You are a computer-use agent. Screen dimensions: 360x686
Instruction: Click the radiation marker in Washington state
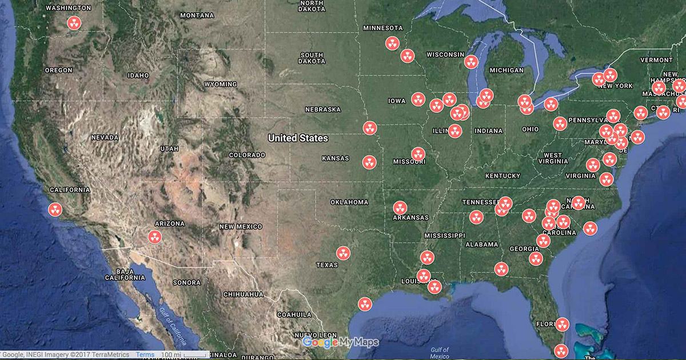(74, 23)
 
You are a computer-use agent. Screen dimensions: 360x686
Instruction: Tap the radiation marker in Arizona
(154, 237)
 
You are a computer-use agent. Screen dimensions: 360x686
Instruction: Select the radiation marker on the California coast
(55, 210)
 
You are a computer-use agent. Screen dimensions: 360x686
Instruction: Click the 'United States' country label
(298, 138)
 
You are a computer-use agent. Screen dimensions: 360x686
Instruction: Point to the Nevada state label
(105, 138)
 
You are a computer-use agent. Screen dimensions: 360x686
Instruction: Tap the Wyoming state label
(220, 85)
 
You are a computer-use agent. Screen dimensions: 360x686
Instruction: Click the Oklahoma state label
(349, 202)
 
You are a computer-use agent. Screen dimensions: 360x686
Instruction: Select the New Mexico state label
(241, 227)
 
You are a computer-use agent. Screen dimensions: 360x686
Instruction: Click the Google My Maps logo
(340, 342)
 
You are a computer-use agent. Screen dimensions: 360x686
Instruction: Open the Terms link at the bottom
(145, 355)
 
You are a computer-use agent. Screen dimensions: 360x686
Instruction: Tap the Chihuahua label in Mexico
(243, 294)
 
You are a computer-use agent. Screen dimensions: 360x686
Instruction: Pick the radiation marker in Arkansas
(400, 208)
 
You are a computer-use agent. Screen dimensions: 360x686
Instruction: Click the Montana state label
(197, 15)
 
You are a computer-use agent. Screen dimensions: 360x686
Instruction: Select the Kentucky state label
(502, 175)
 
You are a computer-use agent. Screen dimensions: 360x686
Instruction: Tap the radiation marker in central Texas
(343, 253)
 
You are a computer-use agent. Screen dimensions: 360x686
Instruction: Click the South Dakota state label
(312, 58)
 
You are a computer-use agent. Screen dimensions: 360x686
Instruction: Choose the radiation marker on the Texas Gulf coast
(365, 304)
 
